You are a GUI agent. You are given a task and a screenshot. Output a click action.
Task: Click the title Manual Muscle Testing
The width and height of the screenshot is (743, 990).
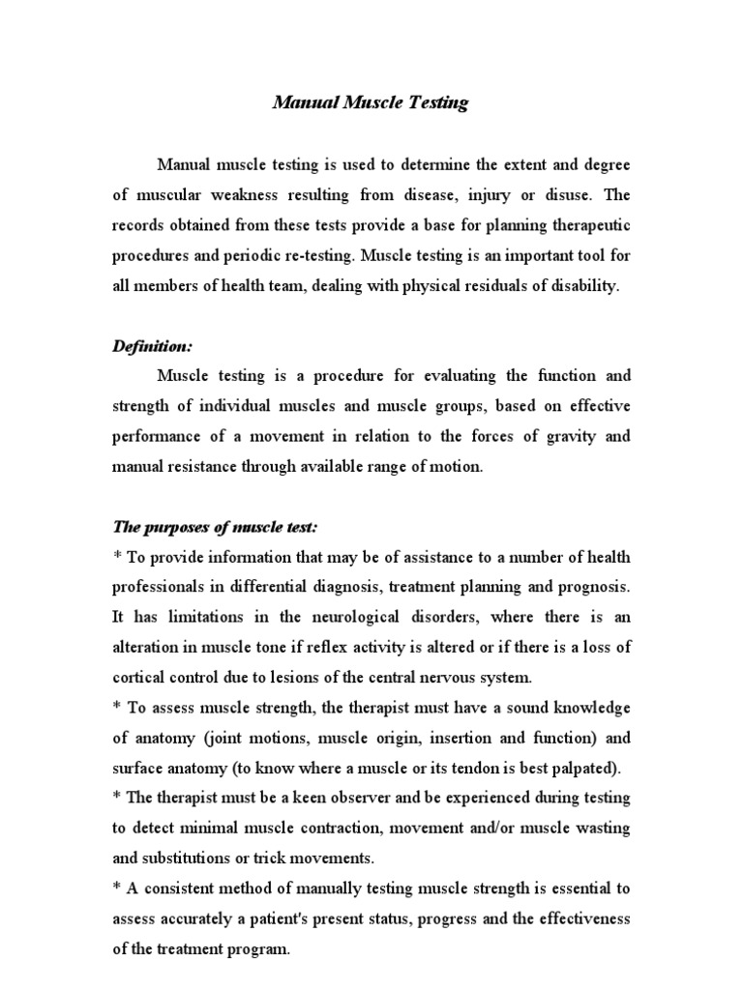click(371, 104)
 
